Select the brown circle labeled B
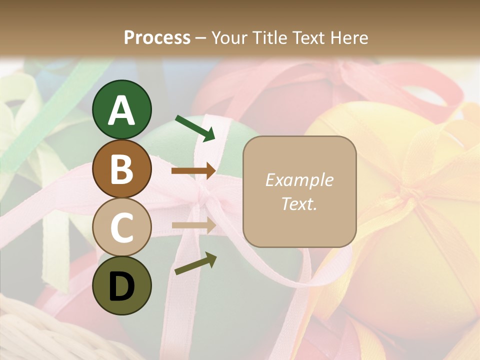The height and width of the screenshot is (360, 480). click(122, 169)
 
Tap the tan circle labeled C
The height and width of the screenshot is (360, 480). click(122, 227)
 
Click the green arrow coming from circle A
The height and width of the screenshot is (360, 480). click(195, 128)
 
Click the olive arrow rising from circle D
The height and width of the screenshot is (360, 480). click(195, 263)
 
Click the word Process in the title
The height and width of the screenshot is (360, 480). click(157, 37)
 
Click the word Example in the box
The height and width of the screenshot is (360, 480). click(299, 180)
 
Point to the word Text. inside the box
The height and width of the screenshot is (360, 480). click(299, 203)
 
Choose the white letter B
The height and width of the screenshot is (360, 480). click(122, 169)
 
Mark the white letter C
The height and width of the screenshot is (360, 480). click(122, 227)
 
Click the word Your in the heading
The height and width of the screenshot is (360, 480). click(229, 37)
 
